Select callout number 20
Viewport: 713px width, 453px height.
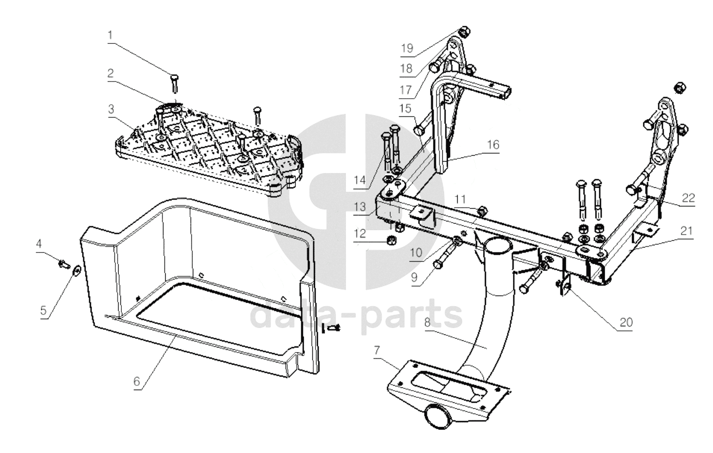pos(626,322)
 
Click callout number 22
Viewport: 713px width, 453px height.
pos(688,198)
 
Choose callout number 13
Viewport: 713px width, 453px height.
pos(360,207)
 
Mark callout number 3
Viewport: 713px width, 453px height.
pos(111,109)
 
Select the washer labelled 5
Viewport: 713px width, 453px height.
pos(77,270)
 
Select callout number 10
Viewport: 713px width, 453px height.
pos(416,253)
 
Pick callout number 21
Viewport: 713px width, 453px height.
pos(687,231)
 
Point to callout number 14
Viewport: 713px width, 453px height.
pos(359,180)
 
